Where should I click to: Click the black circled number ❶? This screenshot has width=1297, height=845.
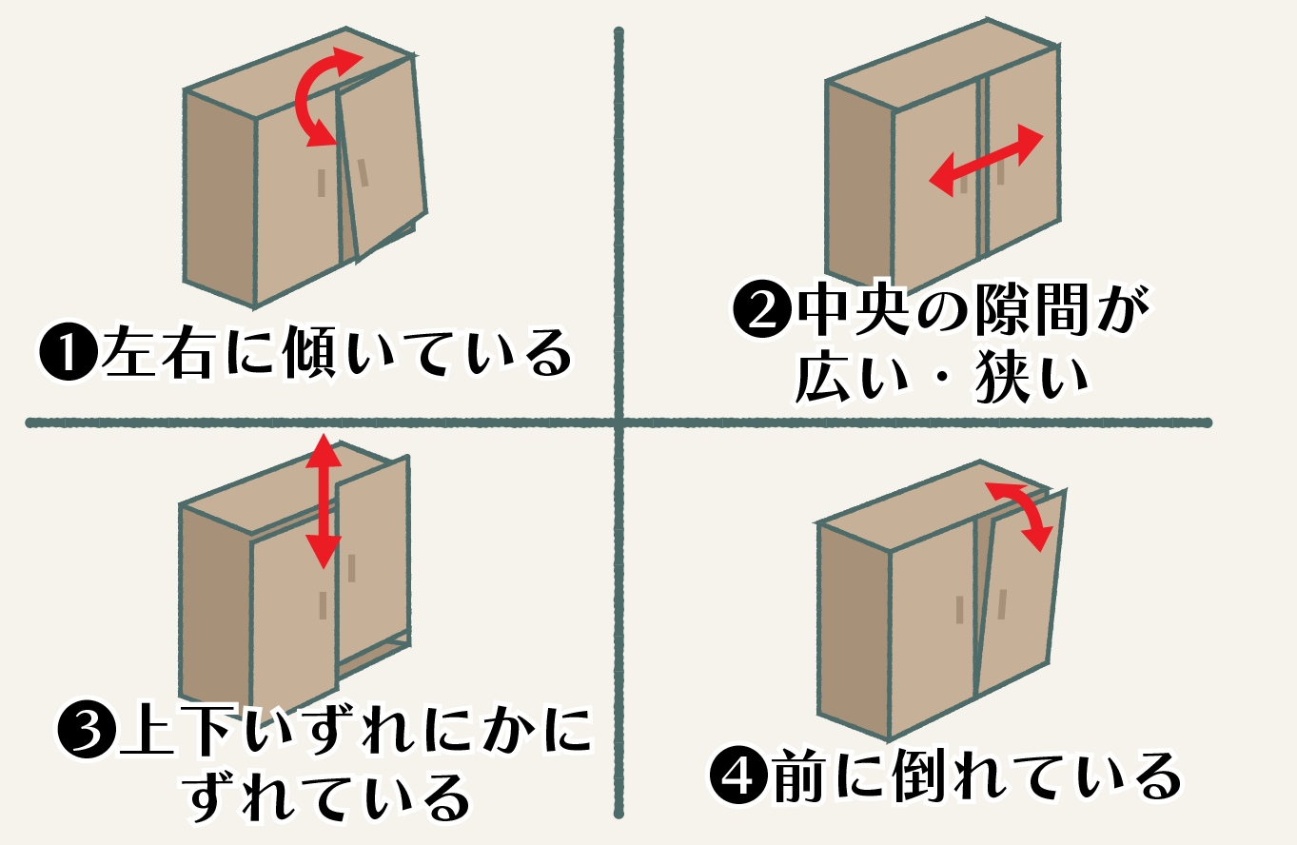pos(68,351)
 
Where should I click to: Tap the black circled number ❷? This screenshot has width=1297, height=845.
pos(762,308)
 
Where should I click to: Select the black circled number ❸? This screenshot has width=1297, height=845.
pos(87,729)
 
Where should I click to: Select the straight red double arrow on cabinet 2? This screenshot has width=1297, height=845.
pos(986,161)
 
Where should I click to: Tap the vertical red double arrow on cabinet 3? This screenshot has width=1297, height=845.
pos(324,501)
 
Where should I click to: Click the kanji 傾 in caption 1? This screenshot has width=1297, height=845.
pos(310,352)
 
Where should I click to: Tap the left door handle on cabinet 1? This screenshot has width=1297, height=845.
pos(322,183)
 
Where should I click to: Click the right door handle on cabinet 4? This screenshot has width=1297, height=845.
pos(1002,604)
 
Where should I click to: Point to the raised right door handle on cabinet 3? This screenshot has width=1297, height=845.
pos(351,568)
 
